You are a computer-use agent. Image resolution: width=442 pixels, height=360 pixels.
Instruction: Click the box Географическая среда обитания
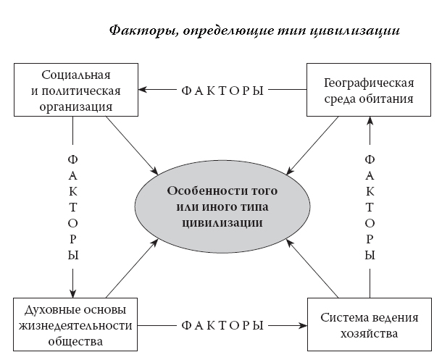(x=370, y=91)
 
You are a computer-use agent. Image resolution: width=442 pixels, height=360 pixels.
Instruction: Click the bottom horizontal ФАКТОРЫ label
(x=221, y=325)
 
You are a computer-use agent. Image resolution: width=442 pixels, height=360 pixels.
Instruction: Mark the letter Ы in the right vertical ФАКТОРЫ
(x=370, y=256)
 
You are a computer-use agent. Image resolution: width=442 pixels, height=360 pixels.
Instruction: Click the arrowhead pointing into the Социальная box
(x=143, y=90)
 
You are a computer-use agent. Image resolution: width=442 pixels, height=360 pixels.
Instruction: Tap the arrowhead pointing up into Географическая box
(x=370, y=122)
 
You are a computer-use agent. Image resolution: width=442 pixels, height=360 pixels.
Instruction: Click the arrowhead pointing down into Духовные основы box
(x=73, y=292)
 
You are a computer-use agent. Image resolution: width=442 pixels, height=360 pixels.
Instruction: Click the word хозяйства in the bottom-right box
(x=370, y=335)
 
